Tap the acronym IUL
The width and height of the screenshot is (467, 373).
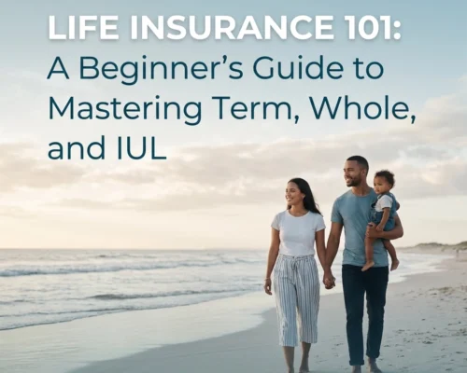pos(142,147)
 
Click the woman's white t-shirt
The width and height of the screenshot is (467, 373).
pos(298,232)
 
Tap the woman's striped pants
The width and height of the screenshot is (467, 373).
pos(298,298)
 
